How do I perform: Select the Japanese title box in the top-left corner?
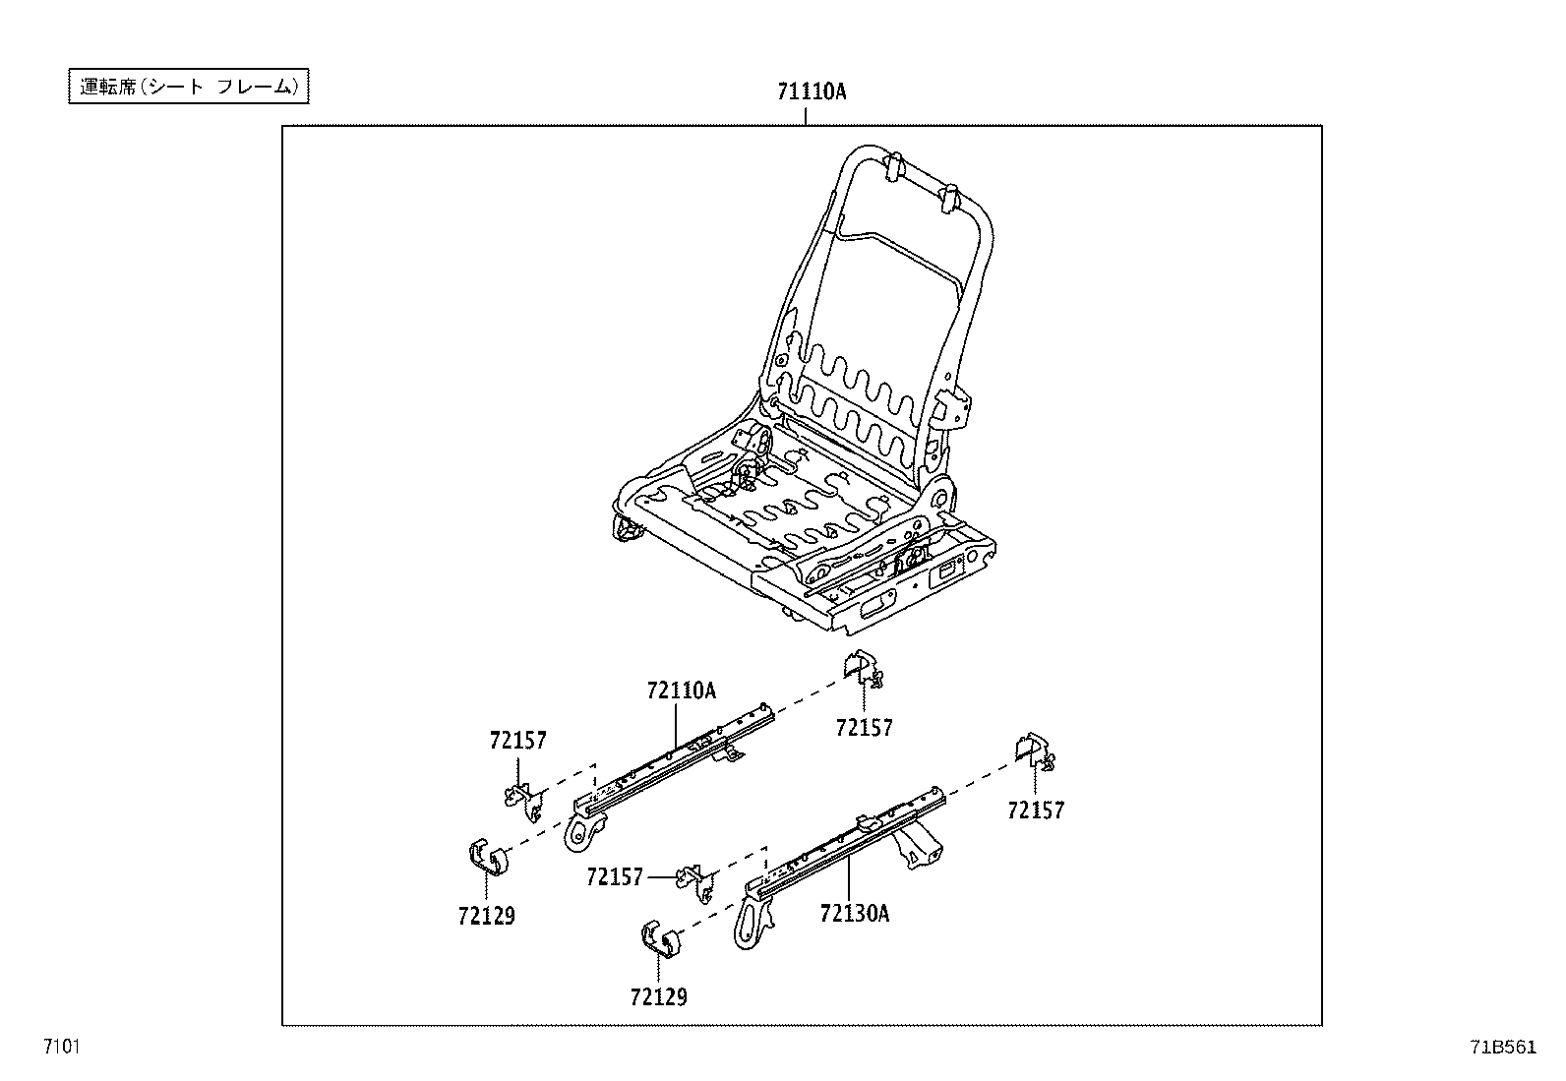(188, 87)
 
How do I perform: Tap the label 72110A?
(681, 691)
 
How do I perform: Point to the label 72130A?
(854, 913)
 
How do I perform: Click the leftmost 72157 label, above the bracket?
(517, 741)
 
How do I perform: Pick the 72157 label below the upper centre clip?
(864, 728)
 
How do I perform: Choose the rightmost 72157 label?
(1036, 811)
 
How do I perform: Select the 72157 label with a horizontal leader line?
(615, 876)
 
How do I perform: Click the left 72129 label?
(486, 916)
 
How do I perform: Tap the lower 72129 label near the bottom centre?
(658, 997)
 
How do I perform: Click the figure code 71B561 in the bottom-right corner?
(1503, 1047)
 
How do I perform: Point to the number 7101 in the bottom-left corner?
(60, 1046)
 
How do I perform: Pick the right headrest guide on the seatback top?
(950, 196)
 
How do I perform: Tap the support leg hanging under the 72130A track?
(914, 848)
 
